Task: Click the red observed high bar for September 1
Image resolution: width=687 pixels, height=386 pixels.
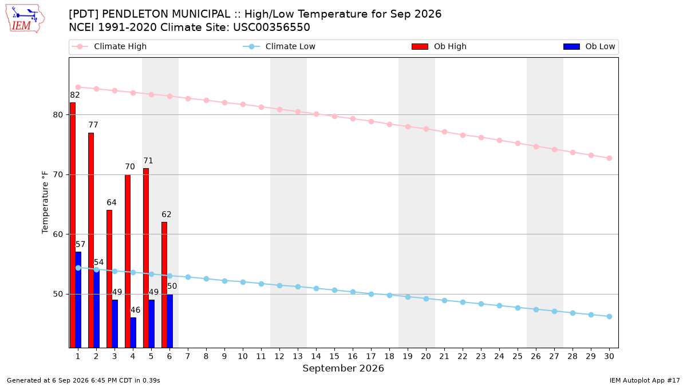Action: pos(73,225)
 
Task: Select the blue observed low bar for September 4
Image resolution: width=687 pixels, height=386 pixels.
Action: pos(133,332)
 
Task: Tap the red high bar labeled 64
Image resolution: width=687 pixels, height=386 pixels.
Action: pos(109,279)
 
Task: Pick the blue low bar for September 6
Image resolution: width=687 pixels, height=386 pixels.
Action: pos(170,321)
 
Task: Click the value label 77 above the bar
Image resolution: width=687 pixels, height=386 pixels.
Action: pos(93,125)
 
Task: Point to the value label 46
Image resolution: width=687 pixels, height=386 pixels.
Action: pos(135,310)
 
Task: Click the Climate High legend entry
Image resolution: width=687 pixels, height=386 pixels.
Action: pos(109,46)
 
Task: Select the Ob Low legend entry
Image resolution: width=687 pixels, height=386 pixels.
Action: pos(589,46)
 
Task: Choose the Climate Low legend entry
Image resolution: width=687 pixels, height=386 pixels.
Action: pos(279,46)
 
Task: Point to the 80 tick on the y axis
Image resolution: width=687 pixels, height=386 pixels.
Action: pos(58,114)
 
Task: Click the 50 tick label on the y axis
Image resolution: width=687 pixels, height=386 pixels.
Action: pos(58,294)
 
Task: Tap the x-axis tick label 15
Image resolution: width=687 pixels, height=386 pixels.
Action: pos(334,356)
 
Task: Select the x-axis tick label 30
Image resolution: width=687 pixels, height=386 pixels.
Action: pos(609,356)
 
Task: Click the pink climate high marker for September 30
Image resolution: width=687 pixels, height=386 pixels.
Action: pos(609,158)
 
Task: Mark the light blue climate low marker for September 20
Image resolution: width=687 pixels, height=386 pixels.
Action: pos(426,299)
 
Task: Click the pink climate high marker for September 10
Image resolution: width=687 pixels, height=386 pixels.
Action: pos(243,105)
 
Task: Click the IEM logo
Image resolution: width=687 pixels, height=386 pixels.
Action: pos(25,19)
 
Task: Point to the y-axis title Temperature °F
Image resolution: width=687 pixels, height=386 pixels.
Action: pos(45,202)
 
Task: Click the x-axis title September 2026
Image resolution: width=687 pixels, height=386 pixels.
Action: pos(343,368)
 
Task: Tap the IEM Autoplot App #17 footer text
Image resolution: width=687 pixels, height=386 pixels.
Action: pos(645,380)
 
